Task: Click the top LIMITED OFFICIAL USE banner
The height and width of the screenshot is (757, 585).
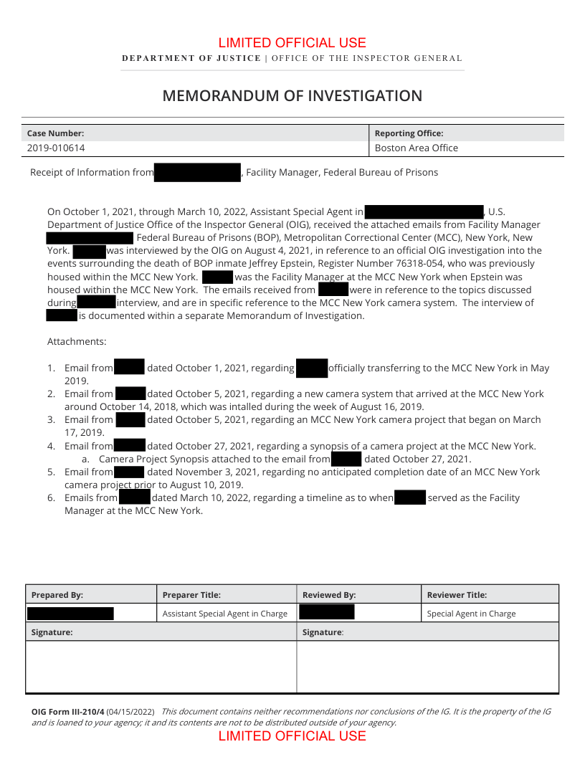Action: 292,43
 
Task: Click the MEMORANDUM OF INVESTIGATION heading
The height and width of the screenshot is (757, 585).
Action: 292,96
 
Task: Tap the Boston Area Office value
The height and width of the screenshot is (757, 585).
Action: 417,148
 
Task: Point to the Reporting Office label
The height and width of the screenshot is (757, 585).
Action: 409,133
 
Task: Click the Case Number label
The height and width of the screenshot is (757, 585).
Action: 55,133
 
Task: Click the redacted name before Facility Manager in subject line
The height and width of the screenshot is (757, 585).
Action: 197,173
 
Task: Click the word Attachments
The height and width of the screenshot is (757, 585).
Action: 77,342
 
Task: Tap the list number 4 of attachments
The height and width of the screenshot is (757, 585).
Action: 51,446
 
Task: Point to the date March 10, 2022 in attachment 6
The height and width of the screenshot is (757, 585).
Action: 191,497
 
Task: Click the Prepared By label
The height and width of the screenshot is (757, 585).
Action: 57,595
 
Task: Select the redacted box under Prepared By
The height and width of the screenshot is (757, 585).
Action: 70,614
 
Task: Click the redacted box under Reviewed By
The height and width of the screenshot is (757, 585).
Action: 326,612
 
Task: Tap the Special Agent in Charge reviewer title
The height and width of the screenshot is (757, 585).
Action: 471,614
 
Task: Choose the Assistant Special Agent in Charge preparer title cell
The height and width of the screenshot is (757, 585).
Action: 224,614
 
